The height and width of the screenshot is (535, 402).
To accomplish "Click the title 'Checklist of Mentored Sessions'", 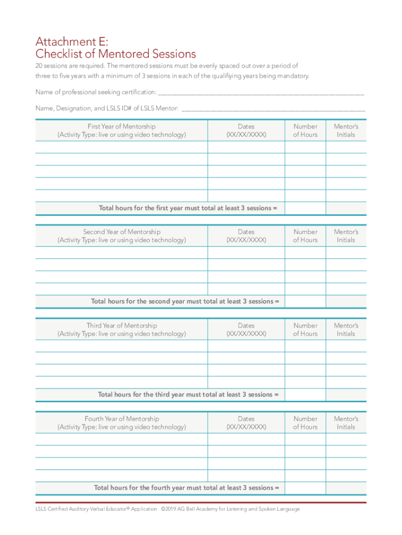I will [x=115, y=54].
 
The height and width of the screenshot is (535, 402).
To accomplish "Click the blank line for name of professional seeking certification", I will [x=261, y=92].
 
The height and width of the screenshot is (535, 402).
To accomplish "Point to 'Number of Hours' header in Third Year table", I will [x=305, y=330].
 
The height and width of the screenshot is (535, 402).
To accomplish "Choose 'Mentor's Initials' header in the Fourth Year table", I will [x=346, y=423].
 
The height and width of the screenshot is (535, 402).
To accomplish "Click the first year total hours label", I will [x=188, y=208].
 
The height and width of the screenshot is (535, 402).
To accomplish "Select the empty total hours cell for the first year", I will [x=305, y=208].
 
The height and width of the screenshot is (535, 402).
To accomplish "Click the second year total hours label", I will [x=185, y=301].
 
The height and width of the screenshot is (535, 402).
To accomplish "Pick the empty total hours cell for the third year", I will [x=305, y=394].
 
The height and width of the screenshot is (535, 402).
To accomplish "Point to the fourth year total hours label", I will [x=186, y=488].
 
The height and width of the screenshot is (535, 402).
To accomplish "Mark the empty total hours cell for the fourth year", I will [x=305, y=488].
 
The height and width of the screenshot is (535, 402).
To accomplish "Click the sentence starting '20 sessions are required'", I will [x=167, y=66].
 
